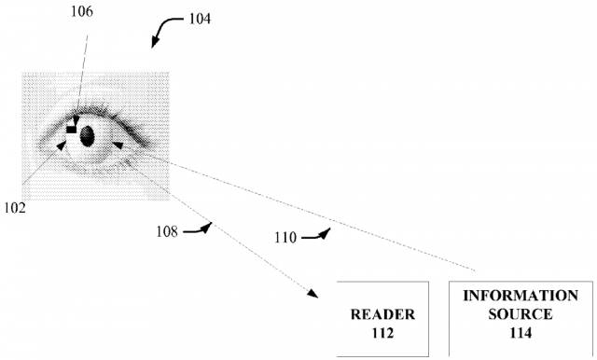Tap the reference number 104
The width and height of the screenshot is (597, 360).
pos(198,18)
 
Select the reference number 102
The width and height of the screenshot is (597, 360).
pos(14,206)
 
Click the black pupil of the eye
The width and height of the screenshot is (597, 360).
pos(88,136)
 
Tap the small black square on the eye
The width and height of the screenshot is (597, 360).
pos(72,130)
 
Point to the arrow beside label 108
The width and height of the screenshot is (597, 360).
pos(198,228)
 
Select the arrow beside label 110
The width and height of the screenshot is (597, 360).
pos(318,235)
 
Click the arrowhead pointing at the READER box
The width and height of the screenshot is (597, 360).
pos(310,294)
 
